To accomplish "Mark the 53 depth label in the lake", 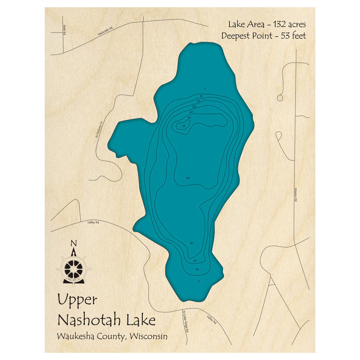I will [x=184, y=126].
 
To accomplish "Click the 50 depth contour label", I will [x=189, y=118].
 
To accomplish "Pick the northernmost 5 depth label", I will [x=205, y=89].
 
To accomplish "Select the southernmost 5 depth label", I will [x=199, y=280].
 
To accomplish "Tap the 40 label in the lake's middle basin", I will [x=188, y=178].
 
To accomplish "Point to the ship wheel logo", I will [x=73, y=268].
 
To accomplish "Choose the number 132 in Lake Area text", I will [x=276, y=24].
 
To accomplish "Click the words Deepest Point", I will [x=244, y=36].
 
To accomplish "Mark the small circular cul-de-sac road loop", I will [x=280, y=98].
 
